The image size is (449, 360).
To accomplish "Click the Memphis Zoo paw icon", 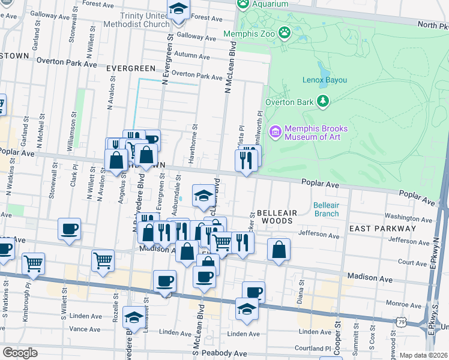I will click(x=285, y=33).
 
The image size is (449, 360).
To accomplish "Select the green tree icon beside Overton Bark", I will click(x=324, y=101).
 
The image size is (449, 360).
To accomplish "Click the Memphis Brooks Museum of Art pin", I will click(x=276, y=131).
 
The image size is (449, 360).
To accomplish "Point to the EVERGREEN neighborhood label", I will click(x=127, y=68).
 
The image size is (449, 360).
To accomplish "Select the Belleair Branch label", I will click(x=326, y=209).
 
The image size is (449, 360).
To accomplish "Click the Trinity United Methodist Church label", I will click(x=136, y=20).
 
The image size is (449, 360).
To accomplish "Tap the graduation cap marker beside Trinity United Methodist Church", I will click(x=178, y=11).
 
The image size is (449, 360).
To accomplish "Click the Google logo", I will click(x=20, y=353).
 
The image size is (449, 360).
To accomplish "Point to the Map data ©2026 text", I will click(x=424, y=355).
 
